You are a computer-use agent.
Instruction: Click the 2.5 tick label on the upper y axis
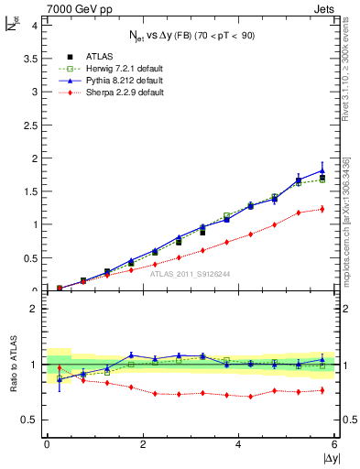pyautogui.click(x=29, y=125)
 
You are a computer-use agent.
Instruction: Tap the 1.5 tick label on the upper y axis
pyautogui.click(x=29, y=191)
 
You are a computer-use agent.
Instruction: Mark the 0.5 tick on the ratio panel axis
pyautogui.click(x=29, y=420)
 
